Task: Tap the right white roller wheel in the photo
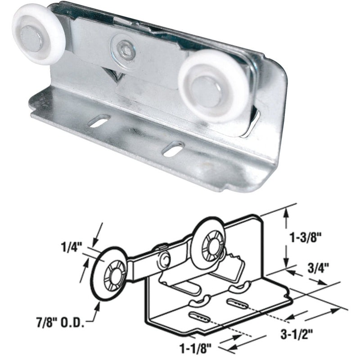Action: [212, 85]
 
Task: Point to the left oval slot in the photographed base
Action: [100, 121]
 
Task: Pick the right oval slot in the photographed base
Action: [174, 149]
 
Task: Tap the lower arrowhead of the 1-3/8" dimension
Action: [285, 265]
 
